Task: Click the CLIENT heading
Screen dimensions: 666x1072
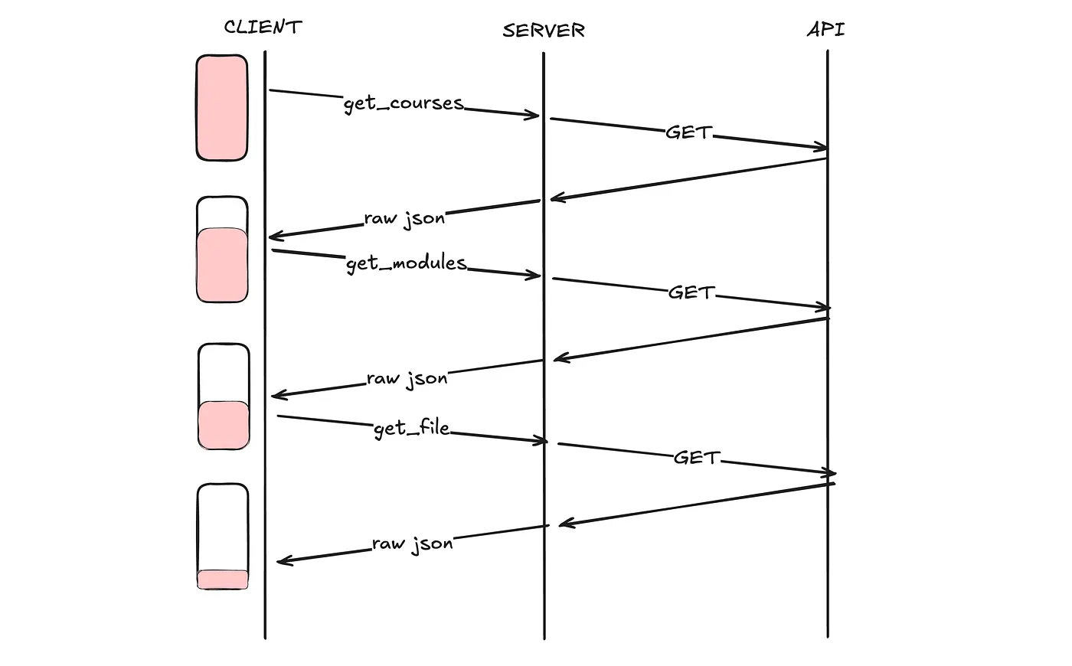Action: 263,27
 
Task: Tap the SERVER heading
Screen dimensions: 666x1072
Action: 544,31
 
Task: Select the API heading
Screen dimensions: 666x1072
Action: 826,30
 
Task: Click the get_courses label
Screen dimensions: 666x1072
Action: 404,103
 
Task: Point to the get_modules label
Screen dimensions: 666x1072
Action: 406,263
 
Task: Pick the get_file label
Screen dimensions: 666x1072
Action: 411,428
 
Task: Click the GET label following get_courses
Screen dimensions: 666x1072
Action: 688,132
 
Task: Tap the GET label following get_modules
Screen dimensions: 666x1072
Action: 691,292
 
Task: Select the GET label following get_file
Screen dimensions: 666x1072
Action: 697,458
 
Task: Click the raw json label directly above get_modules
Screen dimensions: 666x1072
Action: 404,218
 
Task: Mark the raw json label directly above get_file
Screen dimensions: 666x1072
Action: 407,378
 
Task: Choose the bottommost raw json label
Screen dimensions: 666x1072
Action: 413,544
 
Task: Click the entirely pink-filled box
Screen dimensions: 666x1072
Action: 222,107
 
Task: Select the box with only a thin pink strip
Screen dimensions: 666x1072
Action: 223,537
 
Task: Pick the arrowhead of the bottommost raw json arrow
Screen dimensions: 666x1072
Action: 281,561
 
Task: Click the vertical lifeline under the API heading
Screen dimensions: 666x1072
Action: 828,383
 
